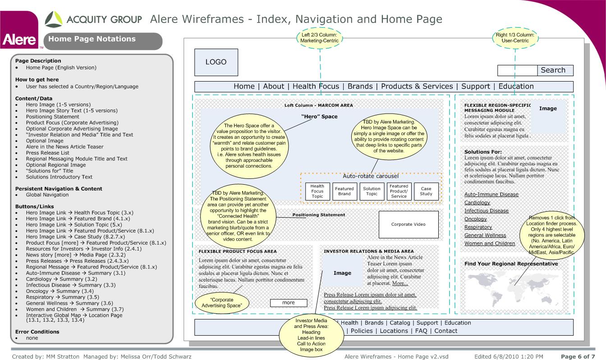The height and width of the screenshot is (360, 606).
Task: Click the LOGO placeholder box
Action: pos(216,62)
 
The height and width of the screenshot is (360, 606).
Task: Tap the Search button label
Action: pos(553,70)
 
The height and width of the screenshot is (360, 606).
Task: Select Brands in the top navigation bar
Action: pos(360,87)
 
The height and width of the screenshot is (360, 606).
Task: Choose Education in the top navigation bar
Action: pos(516,87)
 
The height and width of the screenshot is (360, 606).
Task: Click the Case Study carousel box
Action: pos(426,191)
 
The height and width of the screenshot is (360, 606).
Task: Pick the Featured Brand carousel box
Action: pos(344,191)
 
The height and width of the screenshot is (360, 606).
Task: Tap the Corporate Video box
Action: pos(409,224)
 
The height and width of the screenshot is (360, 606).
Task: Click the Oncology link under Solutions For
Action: pos(475,219)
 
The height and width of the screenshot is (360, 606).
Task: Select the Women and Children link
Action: pos(490,243)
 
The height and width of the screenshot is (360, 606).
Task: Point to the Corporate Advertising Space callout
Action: pos(222,303)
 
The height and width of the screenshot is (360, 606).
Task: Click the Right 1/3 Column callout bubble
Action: pos(515,38)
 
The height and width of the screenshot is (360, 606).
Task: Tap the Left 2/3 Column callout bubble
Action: pos(319,38)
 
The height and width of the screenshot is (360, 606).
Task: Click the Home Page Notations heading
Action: pos(92,39)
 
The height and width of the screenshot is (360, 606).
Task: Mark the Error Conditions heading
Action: pos(37,332)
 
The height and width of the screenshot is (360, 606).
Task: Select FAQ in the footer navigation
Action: pos(421,331)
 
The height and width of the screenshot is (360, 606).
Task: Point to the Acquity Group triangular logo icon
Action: pos(54,19)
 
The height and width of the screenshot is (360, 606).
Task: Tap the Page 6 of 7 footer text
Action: pos(578,356)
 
